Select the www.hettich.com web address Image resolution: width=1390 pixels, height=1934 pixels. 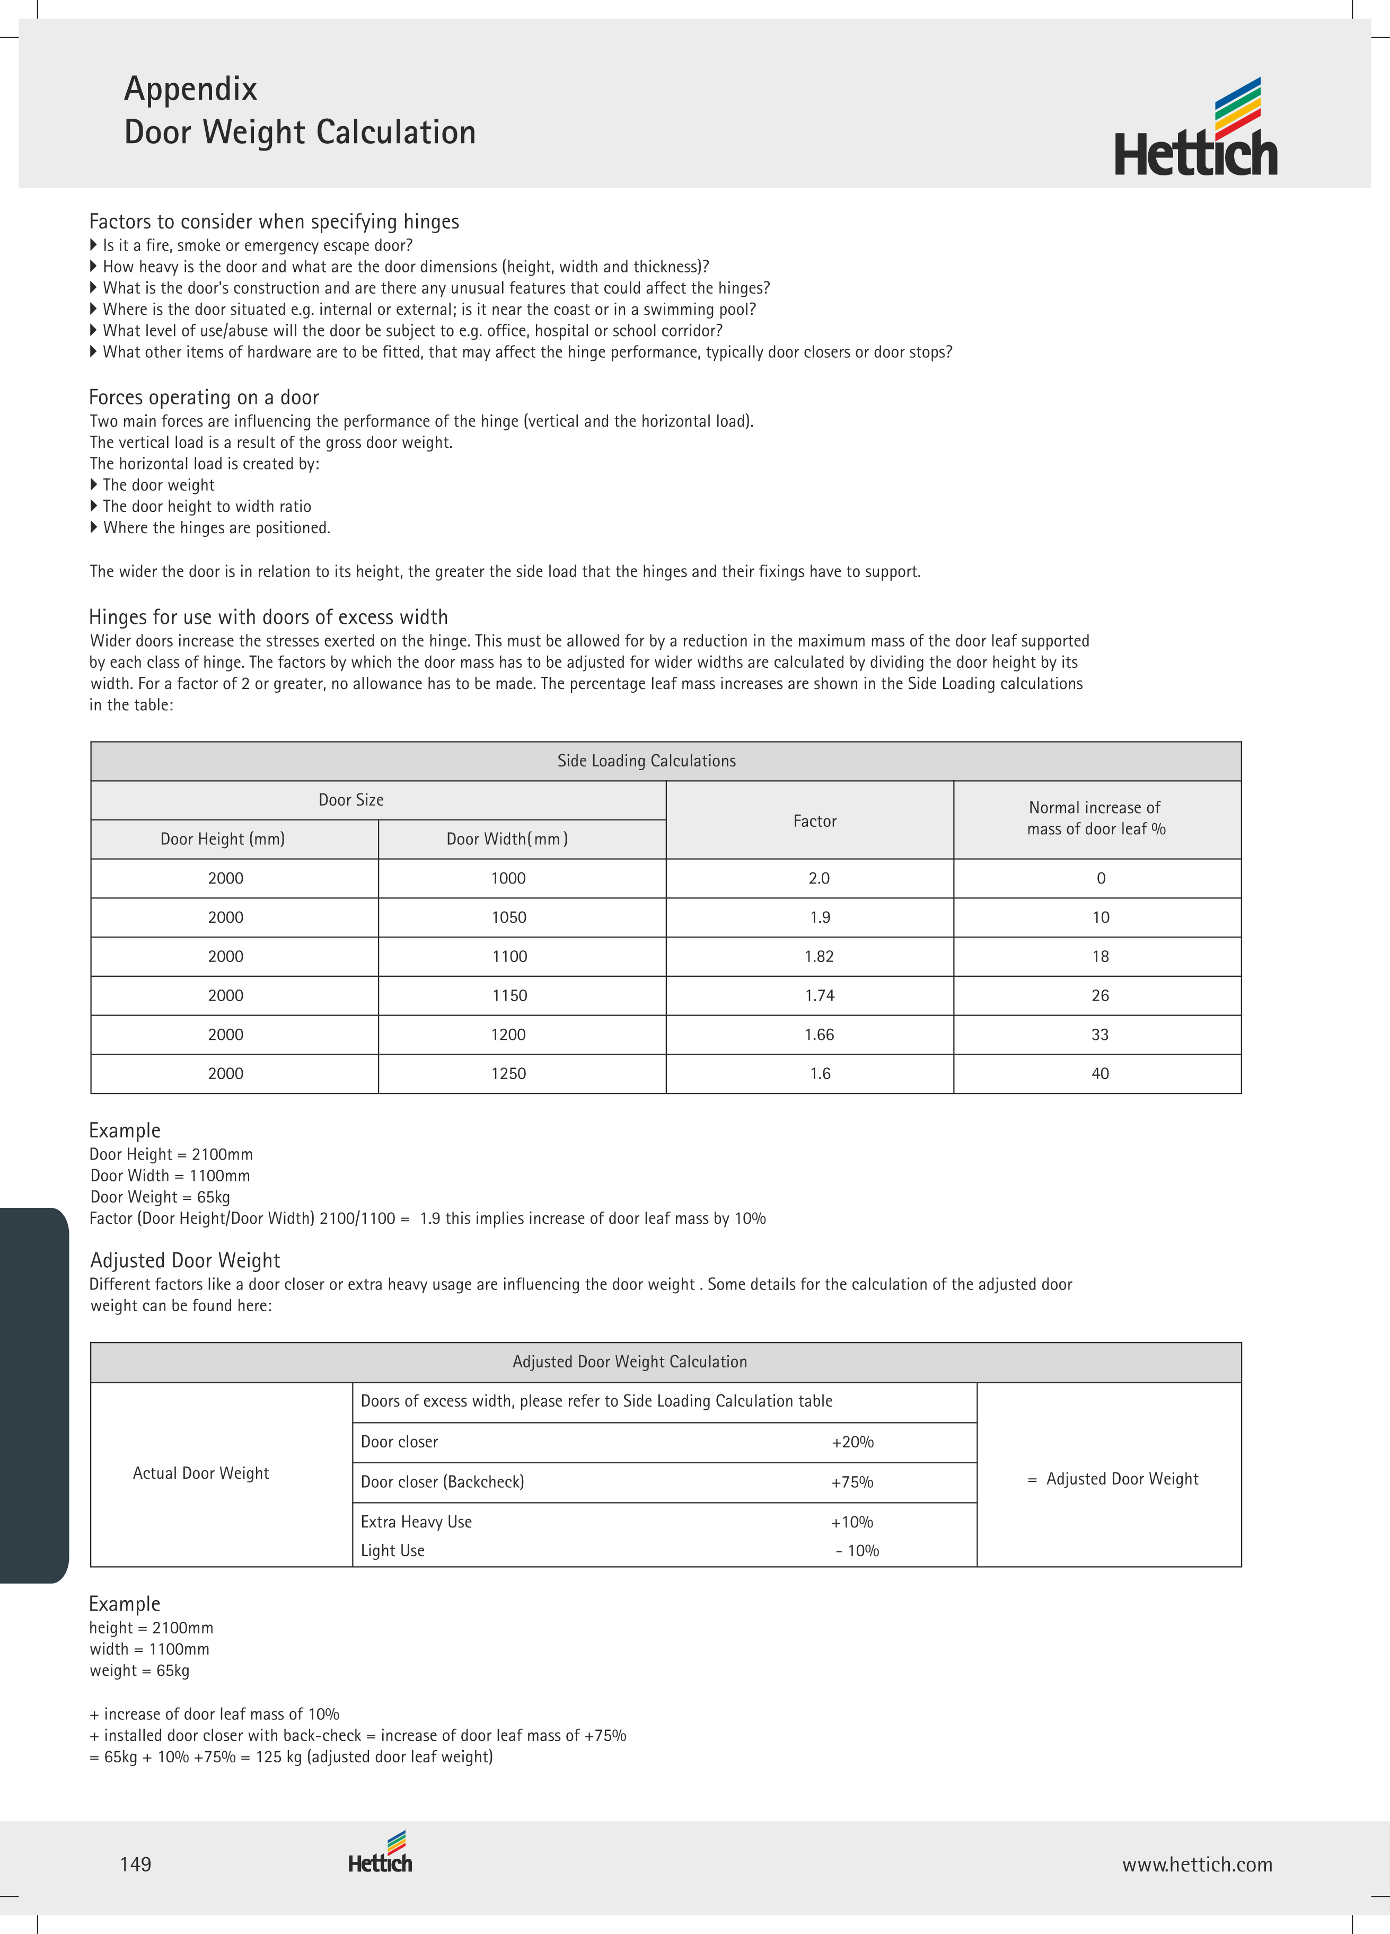tap(1197, 1864)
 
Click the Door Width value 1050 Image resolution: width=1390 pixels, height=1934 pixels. tap(508, 917)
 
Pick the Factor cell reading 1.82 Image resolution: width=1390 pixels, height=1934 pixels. tap(819, 957)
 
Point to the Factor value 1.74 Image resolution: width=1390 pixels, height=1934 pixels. tap(819, 995)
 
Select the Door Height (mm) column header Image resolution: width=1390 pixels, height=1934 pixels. tap(223, 839)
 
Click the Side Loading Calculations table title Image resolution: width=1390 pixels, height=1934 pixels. tap(646, 761)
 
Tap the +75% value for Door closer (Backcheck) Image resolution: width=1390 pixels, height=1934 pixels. tap(852, 1482)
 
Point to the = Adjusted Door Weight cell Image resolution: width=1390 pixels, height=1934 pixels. tap(1113, 1479)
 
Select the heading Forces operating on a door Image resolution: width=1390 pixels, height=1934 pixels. tap(204, 398)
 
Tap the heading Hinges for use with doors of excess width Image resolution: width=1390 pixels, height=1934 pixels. tap(269, 616)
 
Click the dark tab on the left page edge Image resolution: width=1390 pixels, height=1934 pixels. tap(32, 1394)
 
